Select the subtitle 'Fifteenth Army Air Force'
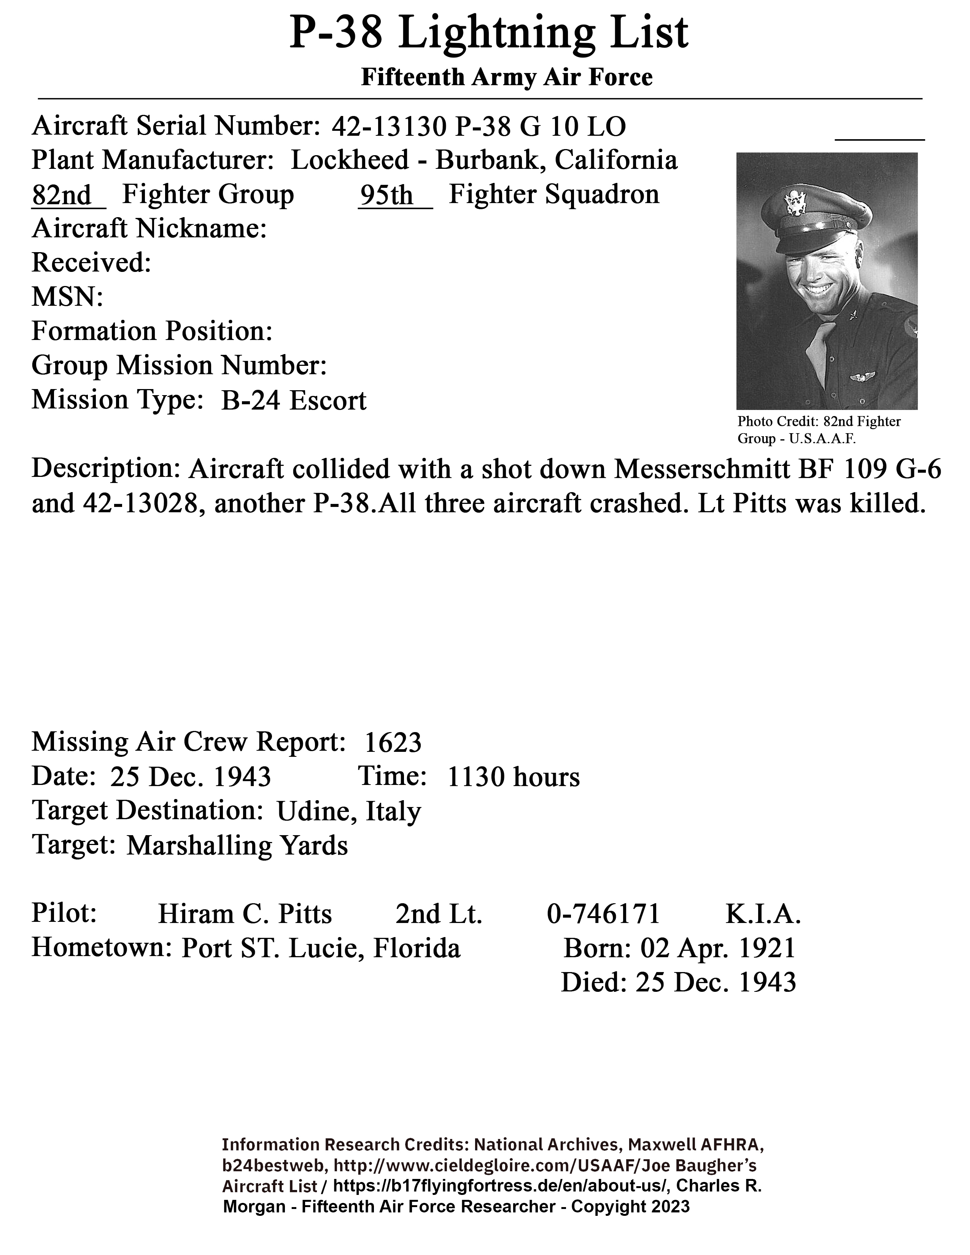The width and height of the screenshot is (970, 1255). [506, 77]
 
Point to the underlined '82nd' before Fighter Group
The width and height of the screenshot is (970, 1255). [62, 195]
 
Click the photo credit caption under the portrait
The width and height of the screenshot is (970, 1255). [819, 430]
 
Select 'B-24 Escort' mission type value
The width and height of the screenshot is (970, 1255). [294, 400]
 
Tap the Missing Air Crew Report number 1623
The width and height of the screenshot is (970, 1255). [393, 742]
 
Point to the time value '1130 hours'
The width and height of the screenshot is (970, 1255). [513, 777]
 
